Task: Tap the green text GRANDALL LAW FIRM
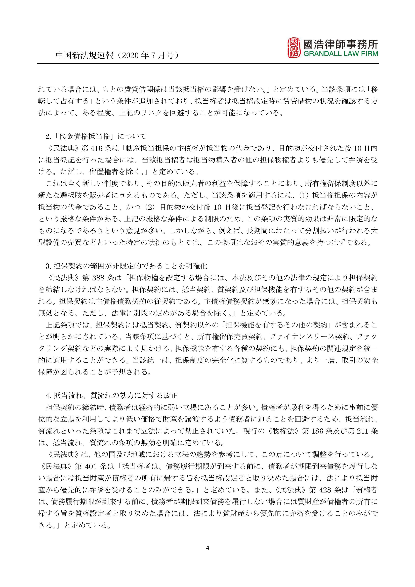(341, 54)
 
